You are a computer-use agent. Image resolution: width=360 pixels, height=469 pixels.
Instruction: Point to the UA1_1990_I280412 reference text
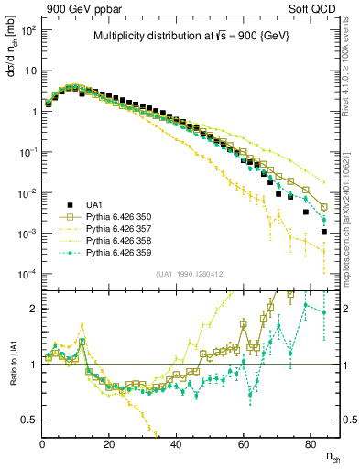pos(190,274)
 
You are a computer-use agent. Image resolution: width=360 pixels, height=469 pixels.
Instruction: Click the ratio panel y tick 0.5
pos(27,420)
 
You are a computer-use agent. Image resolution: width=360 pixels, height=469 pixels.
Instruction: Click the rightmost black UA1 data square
pos(324,232)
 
